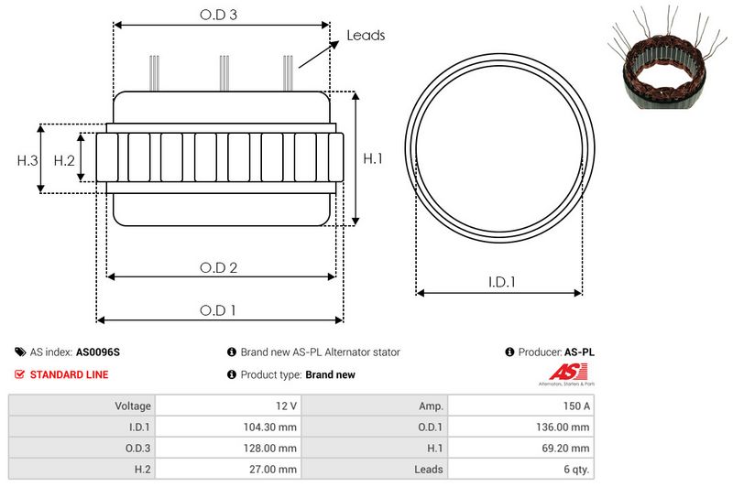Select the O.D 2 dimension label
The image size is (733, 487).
[x=219, y=267]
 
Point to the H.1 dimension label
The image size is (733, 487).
[x=373, y=158]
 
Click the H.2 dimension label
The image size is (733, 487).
[x=63, y=160]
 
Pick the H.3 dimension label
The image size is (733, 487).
[x=27, y=160]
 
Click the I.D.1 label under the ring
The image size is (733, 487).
[x=500, y=283]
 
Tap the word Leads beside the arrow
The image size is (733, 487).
[x=366, y=36]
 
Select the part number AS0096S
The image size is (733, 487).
[x=98, y=352]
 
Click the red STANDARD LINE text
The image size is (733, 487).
[x=69, y=374]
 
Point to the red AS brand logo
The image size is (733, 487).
[x=561, y=372]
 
